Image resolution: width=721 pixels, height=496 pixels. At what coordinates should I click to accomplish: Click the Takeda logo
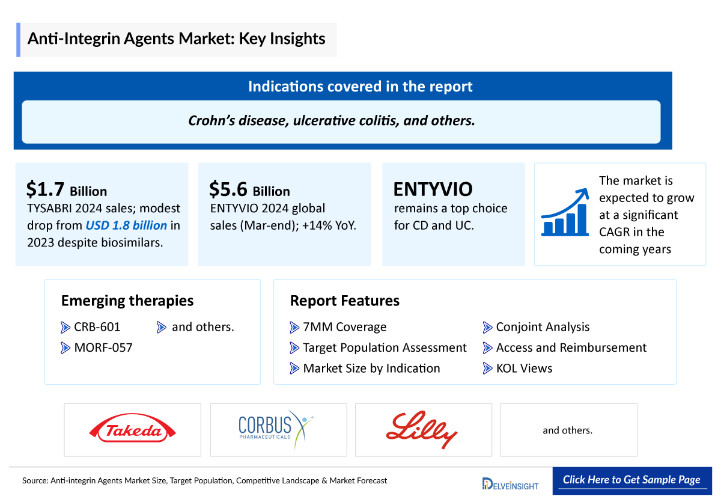pyautogui.click(x=133, y=430)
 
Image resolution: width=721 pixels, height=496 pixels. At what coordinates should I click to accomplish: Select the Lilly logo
pyautogui.click(x=422, y=429)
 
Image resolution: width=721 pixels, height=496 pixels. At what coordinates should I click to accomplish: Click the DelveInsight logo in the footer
pyautogui.click(x=511, y=483)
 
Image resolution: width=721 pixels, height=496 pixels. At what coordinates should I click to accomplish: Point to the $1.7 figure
pyautogui.click(x=46, y=189)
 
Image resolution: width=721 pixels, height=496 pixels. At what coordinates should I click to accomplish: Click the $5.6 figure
pyautogui.click(x=228, y=189)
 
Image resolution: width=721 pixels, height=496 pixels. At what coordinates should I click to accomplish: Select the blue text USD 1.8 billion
pyautogui.click(x=126, y=225)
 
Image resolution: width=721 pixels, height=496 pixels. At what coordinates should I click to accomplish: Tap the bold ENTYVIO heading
pyautogui.click(x=433, y=189)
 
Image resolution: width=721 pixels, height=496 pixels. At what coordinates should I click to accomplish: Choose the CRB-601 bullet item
pyautogui.click(x=97, y=327)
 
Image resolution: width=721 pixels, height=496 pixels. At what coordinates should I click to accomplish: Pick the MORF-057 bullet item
pyautogui.click(x=103, y=348)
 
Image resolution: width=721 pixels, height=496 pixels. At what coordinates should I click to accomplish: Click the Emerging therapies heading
pyautogui.click(x=127, y=301)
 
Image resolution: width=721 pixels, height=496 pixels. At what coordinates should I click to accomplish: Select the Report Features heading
pyautogui.click(x=344, y=301)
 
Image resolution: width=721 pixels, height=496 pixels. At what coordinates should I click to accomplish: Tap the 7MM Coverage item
pyautogui.click(x=344, y=327)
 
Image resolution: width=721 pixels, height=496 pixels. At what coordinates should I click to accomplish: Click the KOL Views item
pyautogui.click(x=524, y=368)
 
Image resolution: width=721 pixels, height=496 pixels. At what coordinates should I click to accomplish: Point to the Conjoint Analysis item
pyautogui.click(x=543, y=327)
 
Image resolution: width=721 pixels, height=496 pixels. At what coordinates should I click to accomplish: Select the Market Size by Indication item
pyautogui.click(x=371, y=368)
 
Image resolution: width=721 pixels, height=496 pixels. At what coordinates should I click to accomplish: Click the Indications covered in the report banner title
pyautogui.click(x=360, y=87)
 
